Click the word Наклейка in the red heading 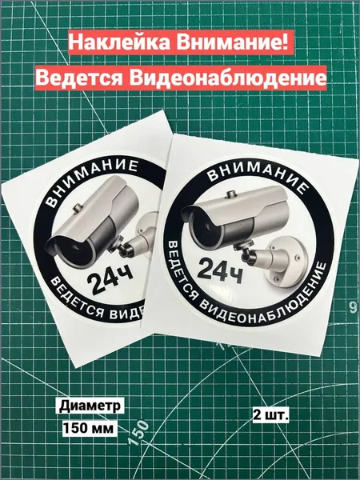click(119, 42)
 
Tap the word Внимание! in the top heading click(232, 42)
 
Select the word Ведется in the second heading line click(81, 78)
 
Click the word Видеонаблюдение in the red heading click(227, 78)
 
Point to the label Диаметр click(90, 406)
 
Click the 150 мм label click(88, 428)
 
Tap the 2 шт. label click(271, 414)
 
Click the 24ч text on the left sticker click(110, 279)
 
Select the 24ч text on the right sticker click(220, 270)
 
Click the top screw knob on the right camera click(232, 194)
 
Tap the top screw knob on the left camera click(78, 208)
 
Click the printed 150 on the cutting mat click(138, 433)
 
